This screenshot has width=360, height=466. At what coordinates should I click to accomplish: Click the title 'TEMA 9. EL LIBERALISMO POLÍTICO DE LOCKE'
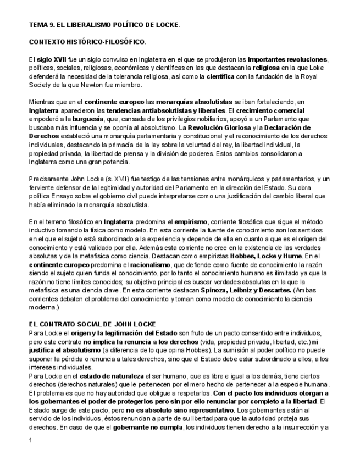tap(104, 25)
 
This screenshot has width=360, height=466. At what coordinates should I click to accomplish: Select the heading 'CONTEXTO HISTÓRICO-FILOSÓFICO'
tap(87, 42)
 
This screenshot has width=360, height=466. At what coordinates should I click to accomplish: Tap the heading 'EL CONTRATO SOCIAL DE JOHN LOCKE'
tap(92, 324)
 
